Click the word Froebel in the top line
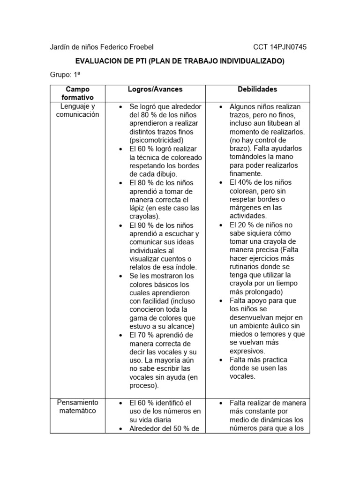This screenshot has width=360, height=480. pyautogui.click(x=139, y=47)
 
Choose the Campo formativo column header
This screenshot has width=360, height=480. pyautogui.click(x=77, y=93)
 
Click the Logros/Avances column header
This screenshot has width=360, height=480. pyautogui.click(x=155, y=89)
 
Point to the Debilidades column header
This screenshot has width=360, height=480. pyautogui.click(x=257, y=89)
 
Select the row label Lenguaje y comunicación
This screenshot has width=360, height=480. pyautogui.click(x=77, y=111)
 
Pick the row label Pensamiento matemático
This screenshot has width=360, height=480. pyautogui.click(x=77, y=407)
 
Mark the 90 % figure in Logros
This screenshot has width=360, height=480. pyautogui.click(x=146, y=225)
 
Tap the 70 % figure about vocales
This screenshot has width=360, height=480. pyautogui.click(x=146, y=335)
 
